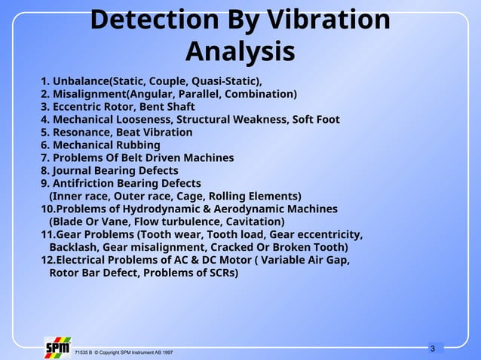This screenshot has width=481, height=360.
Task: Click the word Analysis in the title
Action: [x=240, y=52]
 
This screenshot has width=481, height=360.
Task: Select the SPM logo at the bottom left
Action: [x=58, y=348]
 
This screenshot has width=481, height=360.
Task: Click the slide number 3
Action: [x=432, y=348]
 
